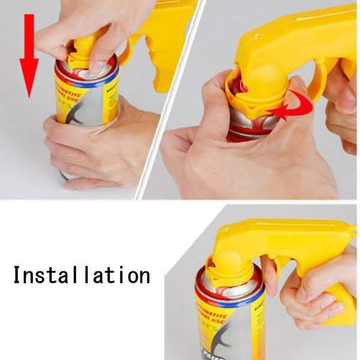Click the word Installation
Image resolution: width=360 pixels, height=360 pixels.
point(81,275)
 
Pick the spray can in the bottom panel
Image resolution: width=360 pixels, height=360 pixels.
point(228,312)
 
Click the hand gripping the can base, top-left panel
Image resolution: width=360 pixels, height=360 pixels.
point(102,144)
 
